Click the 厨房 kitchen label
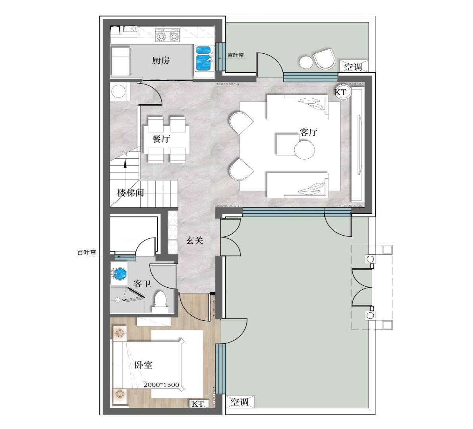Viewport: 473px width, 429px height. (x=160, y=61)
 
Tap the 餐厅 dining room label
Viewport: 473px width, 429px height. (x=161, y=139)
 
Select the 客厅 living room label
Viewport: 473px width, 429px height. (x=308, y=132)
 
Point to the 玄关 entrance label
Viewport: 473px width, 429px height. (x=194, y=240)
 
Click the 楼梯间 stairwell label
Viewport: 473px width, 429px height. (x=130, y=193)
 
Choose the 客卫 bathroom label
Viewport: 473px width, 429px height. (x=143, y=284)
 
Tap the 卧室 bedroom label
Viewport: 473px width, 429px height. (x=143, y=365)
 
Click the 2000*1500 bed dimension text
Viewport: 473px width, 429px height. (x=161, y=385)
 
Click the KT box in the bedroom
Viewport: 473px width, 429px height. (x=198, y=404)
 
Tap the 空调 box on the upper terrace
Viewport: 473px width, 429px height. (x=353, y=66)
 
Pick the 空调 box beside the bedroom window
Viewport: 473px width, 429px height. (x=240, y=402)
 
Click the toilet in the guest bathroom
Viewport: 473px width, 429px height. (x=160, y=301)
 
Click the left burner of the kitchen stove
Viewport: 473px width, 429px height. (x=161, y=37)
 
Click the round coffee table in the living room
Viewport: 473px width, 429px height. (x=304, y=149)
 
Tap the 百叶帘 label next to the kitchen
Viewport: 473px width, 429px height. (x=236, y=55)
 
